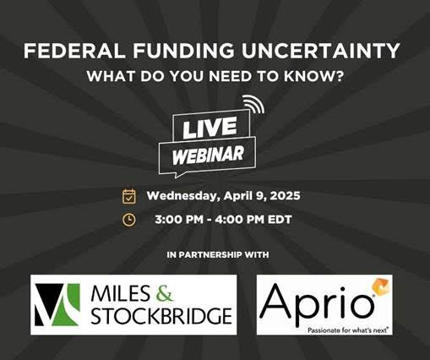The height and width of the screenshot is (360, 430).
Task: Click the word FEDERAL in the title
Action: (74, 51)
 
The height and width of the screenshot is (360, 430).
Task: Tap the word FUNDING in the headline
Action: (183, 51)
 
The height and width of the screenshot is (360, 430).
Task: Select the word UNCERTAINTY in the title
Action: (321, 51)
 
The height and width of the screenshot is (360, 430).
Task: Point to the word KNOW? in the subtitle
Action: (313, 76)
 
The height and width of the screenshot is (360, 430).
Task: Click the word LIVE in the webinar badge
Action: (210, 128)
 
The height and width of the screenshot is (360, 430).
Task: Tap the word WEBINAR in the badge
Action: (208, 155)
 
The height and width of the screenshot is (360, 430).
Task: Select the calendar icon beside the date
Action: (129, 196)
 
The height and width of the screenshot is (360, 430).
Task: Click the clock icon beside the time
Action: (129, 220)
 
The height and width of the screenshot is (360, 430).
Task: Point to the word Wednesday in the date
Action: (183, 196)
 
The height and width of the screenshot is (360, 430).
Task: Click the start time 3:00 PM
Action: (179, 220)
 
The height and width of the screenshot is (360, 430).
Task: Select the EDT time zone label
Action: (280, 220)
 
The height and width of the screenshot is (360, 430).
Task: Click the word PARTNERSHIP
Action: (210, 255)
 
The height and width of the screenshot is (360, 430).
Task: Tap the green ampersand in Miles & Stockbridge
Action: (164, 293)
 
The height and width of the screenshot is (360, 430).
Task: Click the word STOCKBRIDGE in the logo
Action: (161, 316)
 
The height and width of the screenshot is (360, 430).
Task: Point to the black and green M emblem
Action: (57, 305)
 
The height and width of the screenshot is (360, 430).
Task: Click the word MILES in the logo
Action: (121, 293)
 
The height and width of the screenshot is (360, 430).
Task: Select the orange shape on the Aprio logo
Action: (381, 288)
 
